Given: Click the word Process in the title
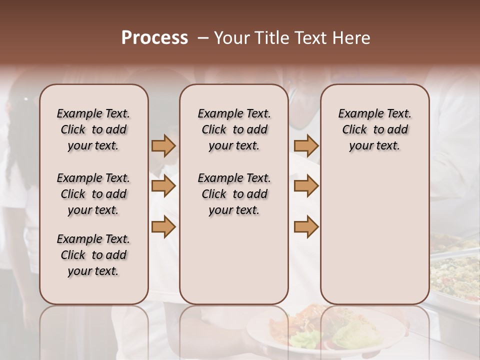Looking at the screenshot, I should tap(154, 38).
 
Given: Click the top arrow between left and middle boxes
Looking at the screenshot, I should tap(163, 146).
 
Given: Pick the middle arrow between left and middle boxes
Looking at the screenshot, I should tap(163, 186).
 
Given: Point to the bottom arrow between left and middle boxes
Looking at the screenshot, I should tap(163, 227).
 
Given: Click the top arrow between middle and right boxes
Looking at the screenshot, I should tap(306, 146).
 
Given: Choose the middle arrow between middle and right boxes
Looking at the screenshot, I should tap(306, 186).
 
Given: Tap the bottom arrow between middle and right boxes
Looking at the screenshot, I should tap(306, 227).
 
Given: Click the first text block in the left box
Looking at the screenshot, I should tap(93, 129).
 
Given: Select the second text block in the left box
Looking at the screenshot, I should tap(93, 194).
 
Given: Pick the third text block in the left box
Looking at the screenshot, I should tap(93, 255).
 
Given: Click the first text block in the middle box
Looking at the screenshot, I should tap(234, 129).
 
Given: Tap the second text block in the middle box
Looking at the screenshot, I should tap(234, 194).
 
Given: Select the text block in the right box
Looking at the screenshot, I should tap(375, 129).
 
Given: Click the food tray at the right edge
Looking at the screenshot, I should tap(455, 270).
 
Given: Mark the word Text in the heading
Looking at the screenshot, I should tap(307, 38).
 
